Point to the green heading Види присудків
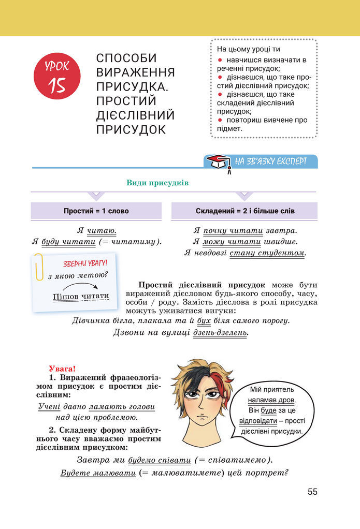(x=157, y=183)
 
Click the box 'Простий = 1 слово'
(x=96, y=211)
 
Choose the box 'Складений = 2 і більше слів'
(x=245, y=211)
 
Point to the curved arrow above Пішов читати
(x=81, y=286)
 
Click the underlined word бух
(x=204, y=321)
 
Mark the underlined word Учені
(x=49, y=407)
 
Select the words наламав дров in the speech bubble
(x=271, y=400)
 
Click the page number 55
(x=312, y=492)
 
